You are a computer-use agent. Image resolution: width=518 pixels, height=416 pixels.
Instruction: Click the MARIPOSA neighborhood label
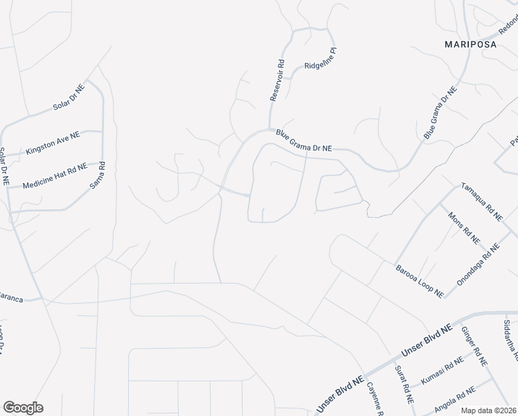[x=470, y=44]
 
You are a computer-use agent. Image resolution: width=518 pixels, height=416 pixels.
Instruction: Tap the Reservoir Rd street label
[x=277, y=80]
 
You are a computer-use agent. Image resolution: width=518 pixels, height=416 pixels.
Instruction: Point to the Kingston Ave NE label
[x=53, y=144]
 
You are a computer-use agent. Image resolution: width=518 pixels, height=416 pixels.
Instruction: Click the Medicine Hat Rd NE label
[x=55, y=176]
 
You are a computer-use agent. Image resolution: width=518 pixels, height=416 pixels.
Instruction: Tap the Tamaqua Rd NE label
[x=481, y=201]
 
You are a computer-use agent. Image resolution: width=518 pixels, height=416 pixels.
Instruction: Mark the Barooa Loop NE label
[x=419, y=280]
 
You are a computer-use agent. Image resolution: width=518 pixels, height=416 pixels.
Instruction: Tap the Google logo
[x=23, y=408]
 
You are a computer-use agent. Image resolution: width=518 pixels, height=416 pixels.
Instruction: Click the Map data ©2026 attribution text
[x=488, y=410]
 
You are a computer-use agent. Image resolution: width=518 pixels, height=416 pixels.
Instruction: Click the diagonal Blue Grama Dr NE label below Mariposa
[x=440, y=113]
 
